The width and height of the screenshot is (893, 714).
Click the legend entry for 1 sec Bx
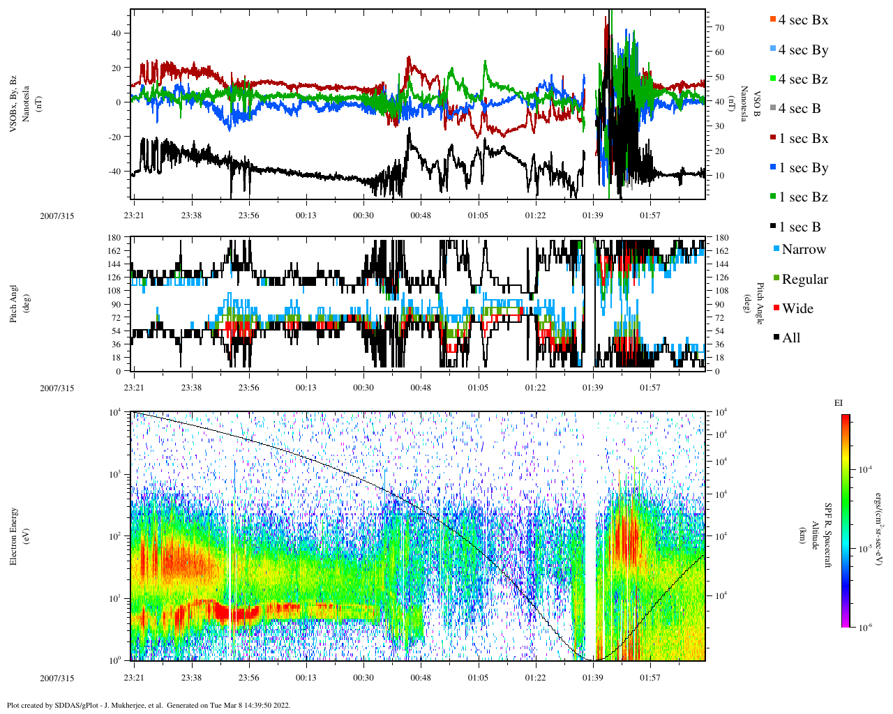pyautogui.click(x=803, y=139)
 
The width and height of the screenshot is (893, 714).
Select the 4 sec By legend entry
pyautogui.click(x=803, y=50)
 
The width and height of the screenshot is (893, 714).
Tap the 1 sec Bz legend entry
pyautogui.click(x=803, y=197)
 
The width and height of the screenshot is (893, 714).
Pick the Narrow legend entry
pyautogui.click(x=803, y=250)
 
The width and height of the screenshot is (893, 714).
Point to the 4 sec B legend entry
pyautogui.click(x=800, y=109)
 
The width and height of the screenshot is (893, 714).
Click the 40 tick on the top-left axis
pyautogui.click(x=118, y=33)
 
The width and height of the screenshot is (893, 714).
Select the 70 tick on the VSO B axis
pyautogui.click(x=719, y=28)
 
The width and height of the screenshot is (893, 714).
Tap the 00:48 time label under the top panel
pyautogui.click(x=421, y=215)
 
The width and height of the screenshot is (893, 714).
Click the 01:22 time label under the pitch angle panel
pyautogui.click(x=536, y=388)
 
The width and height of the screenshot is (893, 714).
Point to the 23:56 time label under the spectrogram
pyautogui.click(x=248, y=678)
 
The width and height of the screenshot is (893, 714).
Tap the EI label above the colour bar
pyautogui.click(x=839, y=403)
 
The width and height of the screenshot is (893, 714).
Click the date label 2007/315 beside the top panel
pyautogui.click(x=57, y=216)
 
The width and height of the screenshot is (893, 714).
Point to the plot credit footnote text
pyautogui.click(x=148, y=705)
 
